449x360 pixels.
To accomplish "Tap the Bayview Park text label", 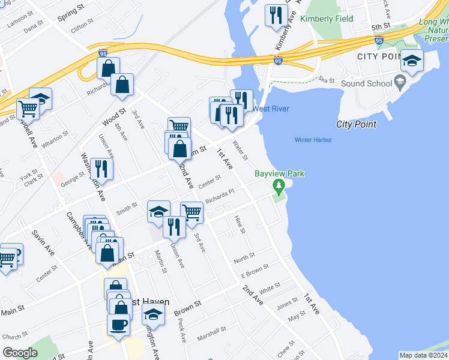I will [x=279, y=174].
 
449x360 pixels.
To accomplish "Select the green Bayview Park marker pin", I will [x=278, y=187].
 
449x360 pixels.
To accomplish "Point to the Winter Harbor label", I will [x=313, y=140].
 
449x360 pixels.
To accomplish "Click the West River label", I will [x=271, y=109].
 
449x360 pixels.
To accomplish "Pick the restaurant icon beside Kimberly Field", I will [x=276, y=15].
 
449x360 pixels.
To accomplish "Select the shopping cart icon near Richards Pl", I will [x=191, y=212].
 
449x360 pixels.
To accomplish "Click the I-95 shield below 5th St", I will [x=379, y=40].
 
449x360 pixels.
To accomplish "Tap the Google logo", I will [x=20, y=353].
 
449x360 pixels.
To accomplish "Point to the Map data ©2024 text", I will [x=423, y=355].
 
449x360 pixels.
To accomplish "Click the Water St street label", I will [x=240, y=151].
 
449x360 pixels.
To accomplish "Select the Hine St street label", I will [x=240, y=226].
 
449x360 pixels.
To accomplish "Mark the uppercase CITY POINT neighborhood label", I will [x=378, y=56].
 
